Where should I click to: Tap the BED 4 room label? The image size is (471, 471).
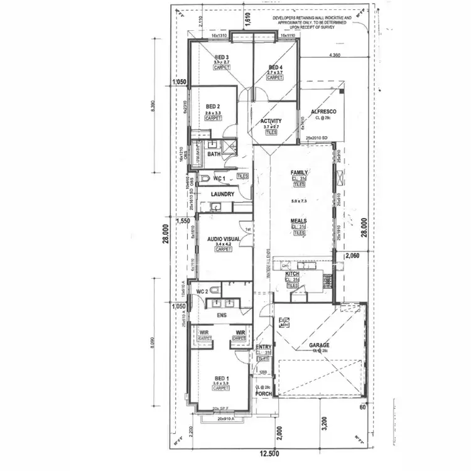[x=276, y=67]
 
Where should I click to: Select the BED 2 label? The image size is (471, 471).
[x=213, y=107]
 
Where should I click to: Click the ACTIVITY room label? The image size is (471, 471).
[x=271, y=121]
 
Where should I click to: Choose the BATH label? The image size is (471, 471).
[x=214, y=153]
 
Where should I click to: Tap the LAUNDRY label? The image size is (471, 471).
[x=223, y=194]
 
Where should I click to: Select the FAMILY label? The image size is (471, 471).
[x=298, y=172]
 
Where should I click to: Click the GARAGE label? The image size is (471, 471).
[x=319, y=345]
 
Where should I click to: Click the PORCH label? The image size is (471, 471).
[x=263, y=394]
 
